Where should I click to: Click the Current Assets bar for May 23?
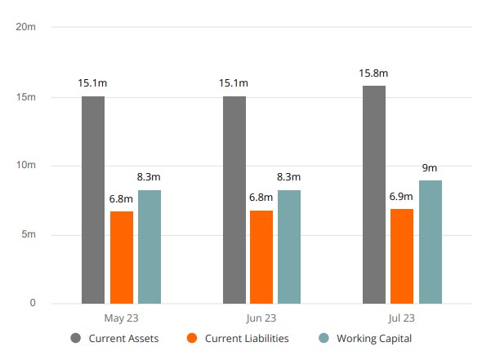tap(93, 200)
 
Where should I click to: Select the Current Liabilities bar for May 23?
tap(122, 257)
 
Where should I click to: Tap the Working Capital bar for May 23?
tap(150, 247)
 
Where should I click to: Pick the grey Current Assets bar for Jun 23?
tap(234, 200)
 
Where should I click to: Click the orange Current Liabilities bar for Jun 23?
tap(261, 257)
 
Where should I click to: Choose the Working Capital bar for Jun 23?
tap(289, 247)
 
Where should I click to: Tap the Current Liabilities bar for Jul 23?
tap(402, 256)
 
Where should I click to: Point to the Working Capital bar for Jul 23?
tap(431, 242)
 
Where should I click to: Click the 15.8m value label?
tap(373, 73)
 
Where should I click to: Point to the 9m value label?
tap(430, 167)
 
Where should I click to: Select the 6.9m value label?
tap(402, 198)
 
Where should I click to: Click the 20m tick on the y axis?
tap(26, 26)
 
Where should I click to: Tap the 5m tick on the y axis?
tap(28, 235)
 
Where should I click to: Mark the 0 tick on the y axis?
tap(33, 304)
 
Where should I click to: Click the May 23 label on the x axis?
tap(121, 318)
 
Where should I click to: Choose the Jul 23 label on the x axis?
tap(402, 318)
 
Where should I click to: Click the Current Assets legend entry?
tap(114, 338)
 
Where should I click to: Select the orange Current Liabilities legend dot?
tap(192, 338)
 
